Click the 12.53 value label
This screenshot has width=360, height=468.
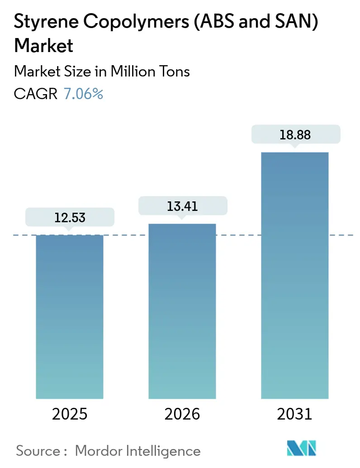point(70,218)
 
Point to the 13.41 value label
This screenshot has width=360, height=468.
point(182,206)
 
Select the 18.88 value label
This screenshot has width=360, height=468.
point(295,134)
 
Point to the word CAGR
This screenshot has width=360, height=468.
point(36,94)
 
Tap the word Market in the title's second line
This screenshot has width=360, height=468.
point(44,47)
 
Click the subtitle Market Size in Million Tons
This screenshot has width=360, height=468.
point(102,71)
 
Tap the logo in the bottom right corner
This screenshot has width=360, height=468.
point(302,448)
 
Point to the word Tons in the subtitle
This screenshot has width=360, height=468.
point(173,71)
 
